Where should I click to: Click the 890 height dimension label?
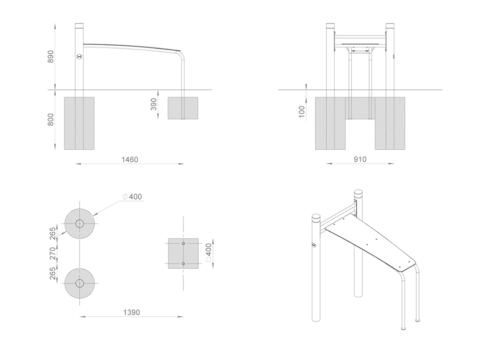(50, 57)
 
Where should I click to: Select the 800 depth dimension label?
(50, 120)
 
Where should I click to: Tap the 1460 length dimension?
(130, 159)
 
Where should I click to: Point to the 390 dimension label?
(154, 104)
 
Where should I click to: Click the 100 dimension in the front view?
(301, 112)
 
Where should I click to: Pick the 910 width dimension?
(360, 159)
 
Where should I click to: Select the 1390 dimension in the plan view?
(132, 312)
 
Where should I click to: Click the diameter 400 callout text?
(132, 196)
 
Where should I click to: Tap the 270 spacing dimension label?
(53, 253)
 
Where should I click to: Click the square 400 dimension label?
(208, 252)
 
